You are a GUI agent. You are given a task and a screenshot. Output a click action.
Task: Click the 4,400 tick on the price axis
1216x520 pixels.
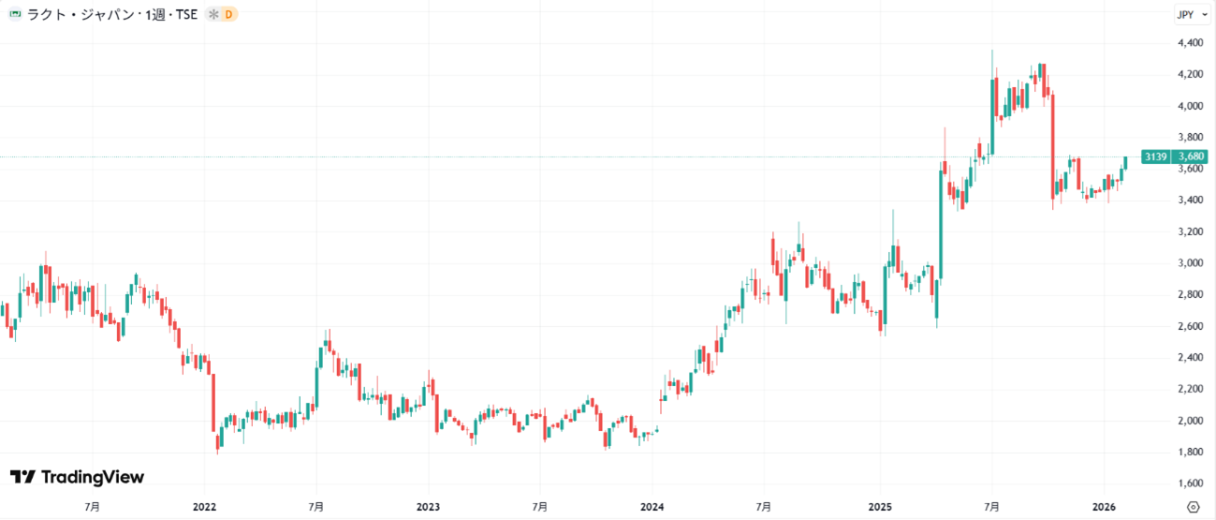[x=1192, y=43]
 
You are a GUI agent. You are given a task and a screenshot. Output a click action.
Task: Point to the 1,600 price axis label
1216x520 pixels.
[x=1192, y=483]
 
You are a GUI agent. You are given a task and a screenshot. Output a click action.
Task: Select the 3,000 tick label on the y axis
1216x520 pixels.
[x=1192, y=263]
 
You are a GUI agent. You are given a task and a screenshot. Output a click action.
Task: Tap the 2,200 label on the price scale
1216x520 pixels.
[x=1192, y=389]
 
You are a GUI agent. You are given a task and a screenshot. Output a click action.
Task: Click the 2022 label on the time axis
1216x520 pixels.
[x=204, y=507]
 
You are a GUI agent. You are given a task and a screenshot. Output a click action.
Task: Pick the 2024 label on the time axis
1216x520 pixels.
[x=652, y=507]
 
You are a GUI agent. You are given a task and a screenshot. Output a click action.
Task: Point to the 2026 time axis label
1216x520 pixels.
[x=1103, y=507]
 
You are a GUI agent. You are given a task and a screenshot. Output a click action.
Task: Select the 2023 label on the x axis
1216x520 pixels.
[x=428, y=507]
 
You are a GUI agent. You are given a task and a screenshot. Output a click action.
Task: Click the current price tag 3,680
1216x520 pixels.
[x=1191, y=156]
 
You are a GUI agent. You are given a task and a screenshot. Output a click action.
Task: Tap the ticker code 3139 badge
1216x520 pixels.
[x=1155, y=156]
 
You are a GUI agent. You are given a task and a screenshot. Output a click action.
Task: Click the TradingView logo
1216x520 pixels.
[x=77, y=478]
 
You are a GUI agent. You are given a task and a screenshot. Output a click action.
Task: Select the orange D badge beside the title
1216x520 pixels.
[x=228, y=15]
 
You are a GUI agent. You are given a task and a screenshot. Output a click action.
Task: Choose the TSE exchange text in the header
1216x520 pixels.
[x=185, y=15]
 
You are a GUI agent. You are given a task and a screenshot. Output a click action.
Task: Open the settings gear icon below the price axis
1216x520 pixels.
[x=1193, y=507]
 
